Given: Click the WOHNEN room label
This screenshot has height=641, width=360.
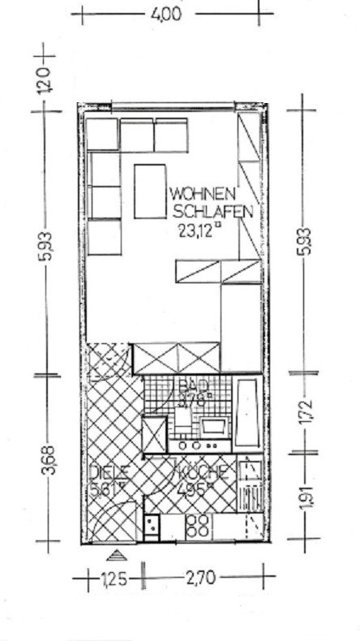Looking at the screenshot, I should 203,195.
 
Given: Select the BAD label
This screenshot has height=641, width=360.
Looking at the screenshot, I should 191,385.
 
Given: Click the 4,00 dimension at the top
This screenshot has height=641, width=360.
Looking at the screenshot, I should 166,15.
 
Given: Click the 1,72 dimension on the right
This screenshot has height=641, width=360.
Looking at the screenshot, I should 306,413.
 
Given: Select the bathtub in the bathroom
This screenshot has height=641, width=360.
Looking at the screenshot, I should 249,414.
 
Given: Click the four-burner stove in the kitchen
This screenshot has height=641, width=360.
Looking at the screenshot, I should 198,525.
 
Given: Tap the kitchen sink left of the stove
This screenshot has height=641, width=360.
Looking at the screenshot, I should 152,526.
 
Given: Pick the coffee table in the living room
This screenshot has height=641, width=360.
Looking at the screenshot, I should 149,191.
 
